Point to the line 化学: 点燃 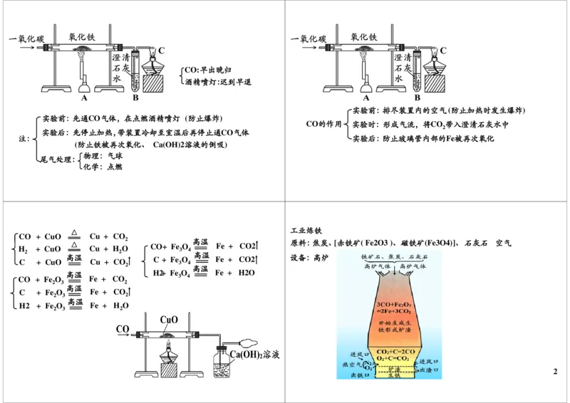103,166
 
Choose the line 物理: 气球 103,155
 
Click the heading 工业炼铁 306,231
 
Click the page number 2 555,372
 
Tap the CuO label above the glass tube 169,320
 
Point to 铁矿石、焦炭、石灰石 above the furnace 389,256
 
